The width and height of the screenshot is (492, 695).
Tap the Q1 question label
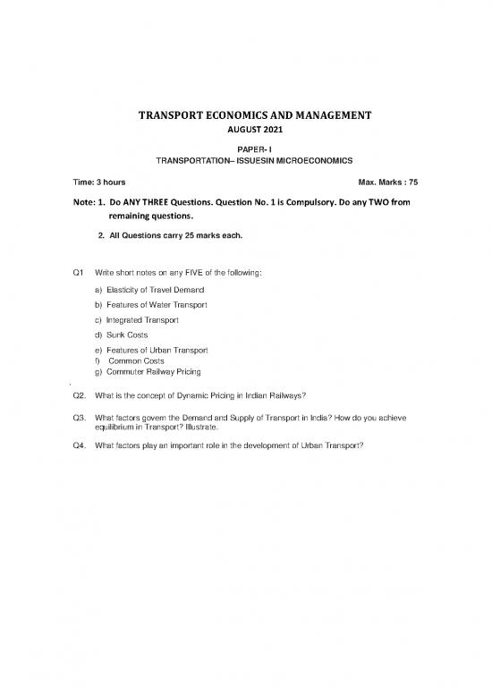tap(76, 271)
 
